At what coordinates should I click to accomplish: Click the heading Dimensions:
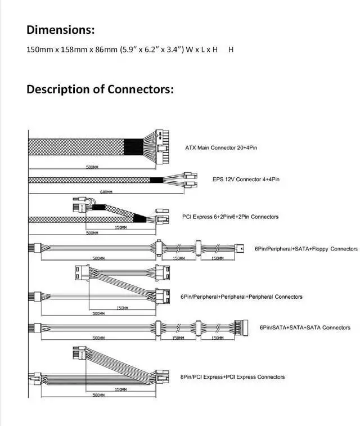[x=61, y=30]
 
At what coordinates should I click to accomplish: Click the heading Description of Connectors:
[x=100, y=89]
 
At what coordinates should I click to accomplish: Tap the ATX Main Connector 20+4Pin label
[x=222, y=148]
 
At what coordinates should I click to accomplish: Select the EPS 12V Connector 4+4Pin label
[x=246, y=179]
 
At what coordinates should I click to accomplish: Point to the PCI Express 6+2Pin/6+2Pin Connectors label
[x=230, y=217]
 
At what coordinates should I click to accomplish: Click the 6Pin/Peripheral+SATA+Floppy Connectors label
[x=305, y=249]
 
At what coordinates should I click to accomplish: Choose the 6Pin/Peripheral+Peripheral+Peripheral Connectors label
[x=241, y=297]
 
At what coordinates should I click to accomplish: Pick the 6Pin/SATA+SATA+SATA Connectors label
[x=305, y=327]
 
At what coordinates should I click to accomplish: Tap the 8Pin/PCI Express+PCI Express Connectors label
[x=232, y=377]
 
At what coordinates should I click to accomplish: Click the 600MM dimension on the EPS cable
[x=107, y=192]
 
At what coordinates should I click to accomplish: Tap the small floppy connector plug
[x=240, y=248]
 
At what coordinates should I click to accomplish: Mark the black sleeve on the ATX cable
[x=134, y=146]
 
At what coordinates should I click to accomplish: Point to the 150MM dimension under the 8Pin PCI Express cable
[x=120, y=389]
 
